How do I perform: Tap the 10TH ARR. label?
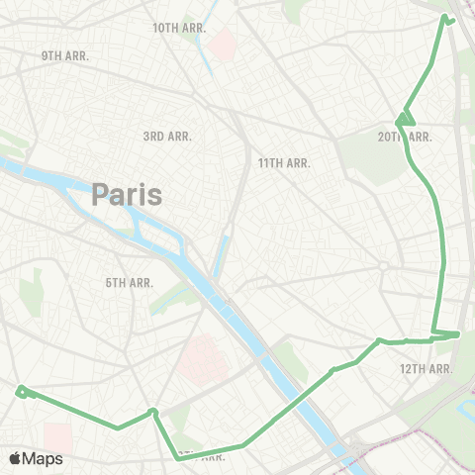click(179, 28)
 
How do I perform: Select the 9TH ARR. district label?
click(65, 55)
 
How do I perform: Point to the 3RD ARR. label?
click(167, 137)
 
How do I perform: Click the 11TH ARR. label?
click(284, 161)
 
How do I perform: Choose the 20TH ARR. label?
click(406, 137)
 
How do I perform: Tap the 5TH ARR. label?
click(129, 283)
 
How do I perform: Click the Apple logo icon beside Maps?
click(15, 458)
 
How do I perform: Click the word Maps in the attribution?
click(44, 458)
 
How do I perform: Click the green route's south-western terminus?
click(20, 392)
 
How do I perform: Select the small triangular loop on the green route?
click(403, 120)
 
